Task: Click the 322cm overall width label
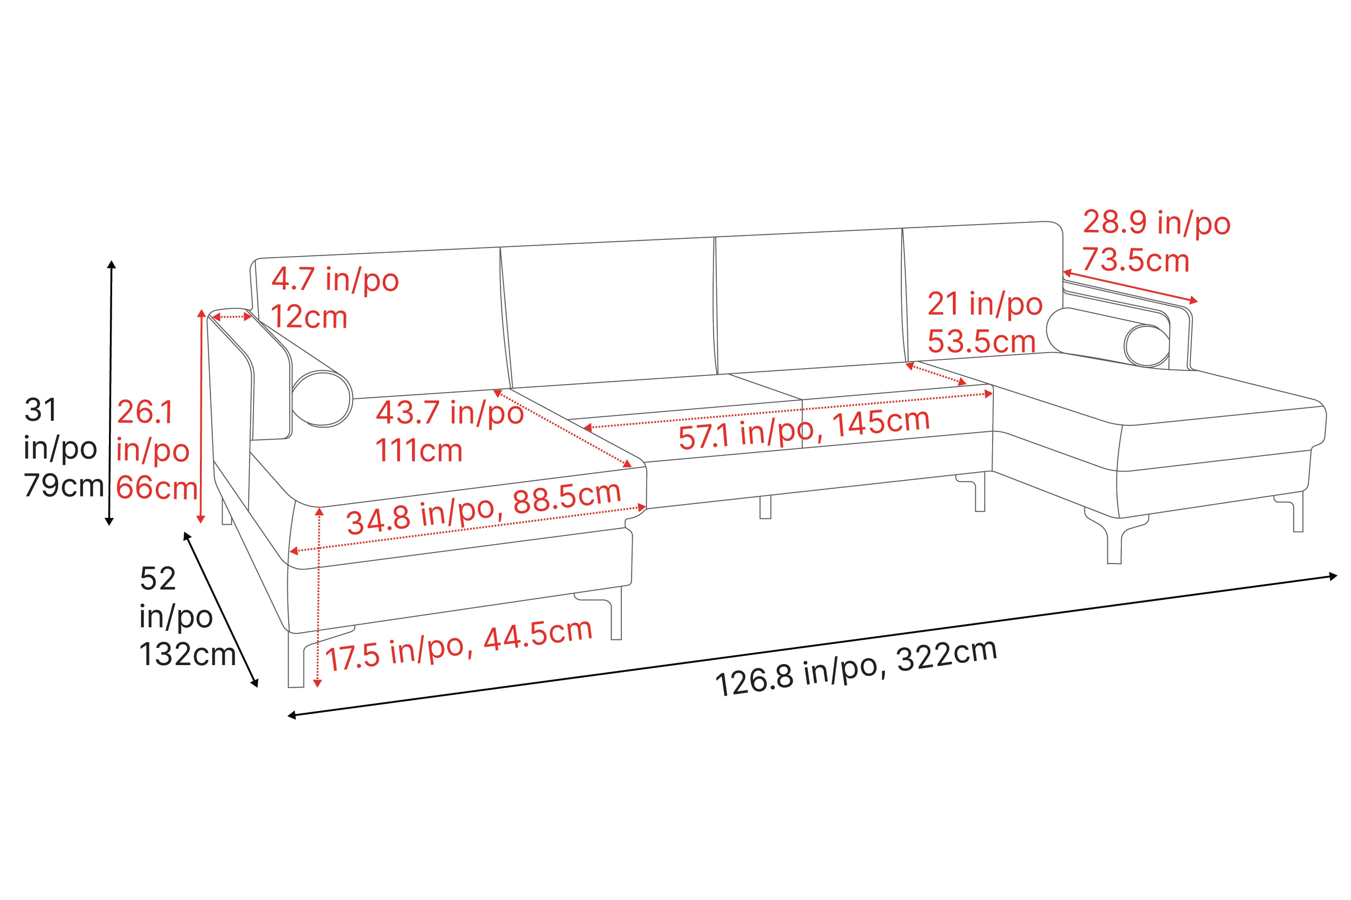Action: coord(946,655)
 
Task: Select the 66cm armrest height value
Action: coord(157,488)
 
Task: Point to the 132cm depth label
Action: coord(187,654)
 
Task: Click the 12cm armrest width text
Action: coord(309,317)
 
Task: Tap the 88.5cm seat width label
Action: coord(567,497)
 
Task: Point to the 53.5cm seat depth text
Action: coord(982,342)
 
